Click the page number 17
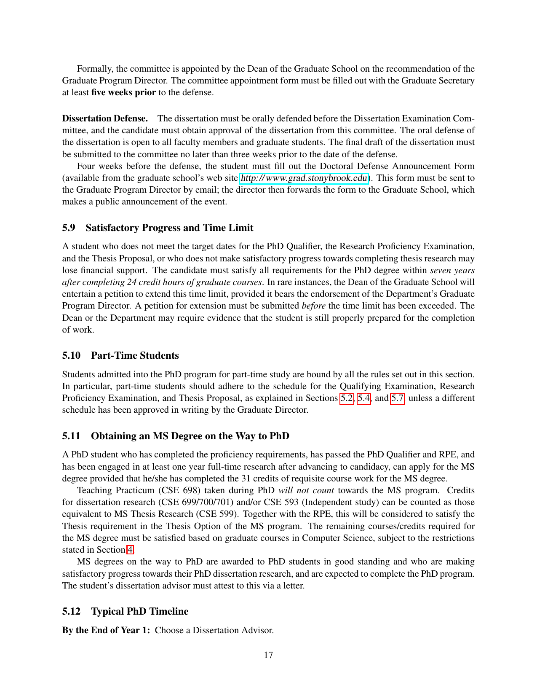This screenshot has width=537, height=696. pos(268,655)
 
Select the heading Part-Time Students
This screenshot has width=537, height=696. pos(135,356)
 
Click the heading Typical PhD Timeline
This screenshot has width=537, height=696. pos(140,612)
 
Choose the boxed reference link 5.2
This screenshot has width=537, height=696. pos(347,398)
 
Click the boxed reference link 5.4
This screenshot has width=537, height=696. pos(364,398)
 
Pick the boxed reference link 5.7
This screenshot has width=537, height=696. pos(398,398)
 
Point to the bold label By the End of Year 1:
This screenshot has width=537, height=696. pos(106,630)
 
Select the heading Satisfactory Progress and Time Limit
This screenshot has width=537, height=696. pos(169,228)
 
